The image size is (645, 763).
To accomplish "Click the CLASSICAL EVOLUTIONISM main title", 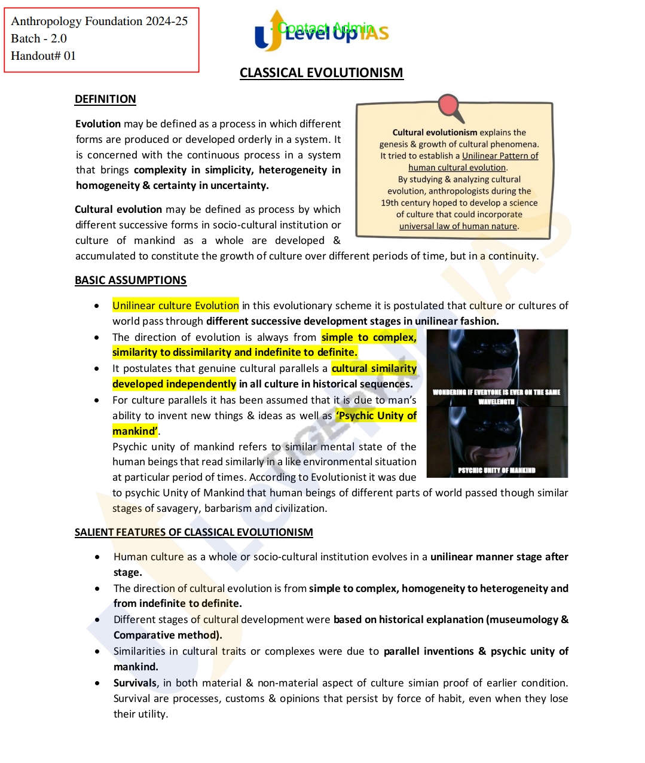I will pyautogui.click(x=321, y=73).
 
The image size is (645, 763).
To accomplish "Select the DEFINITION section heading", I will pyautogui.click(x=105, y=99).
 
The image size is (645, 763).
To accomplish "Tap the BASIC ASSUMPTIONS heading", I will pyautogui.click(x=130, y=280).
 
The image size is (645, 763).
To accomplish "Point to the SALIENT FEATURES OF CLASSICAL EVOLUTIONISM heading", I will pyautogui.click(x=194, y=532).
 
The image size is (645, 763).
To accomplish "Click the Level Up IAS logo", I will pyautogui.click(x=322, y=32).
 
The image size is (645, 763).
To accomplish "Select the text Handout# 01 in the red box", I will pyautogui.click(x=43, y=56).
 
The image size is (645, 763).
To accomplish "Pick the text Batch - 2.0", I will pyautogui.click(x=39, y=38).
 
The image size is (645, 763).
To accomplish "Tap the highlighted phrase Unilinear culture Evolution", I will pyautogui.click(x=176, y=306).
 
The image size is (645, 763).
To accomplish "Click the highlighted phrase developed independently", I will pyautogui.click(x=174, y=384).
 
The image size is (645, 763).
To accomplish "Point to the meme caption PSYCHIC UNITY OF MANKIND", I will pyautogui.click(x=497, y=470).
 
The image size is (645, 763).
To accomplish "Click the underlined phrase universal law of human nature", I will pyautogui.click(x=458, y=226).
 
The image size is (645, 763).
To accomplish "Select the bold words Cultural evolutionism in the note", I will pyautogui.click(x=435, y=132).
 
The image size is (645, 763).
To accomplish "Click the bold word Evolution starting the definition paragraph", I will pyautogui.click(x=98, y=124).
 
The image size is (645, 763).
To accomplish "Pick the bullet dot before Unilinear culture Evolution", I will pyautogui.click(x=97, y=306).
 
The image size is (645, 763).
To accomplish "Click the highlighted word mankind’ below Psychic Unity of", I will pyautogui.click(x=135, y=431).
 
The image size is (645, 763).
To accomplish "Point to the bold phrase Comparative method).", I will pyautogui.click(x=167, y=635).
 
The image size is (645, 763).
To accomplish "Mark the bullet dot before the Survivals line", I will pyautogui.click(x=97, y=683).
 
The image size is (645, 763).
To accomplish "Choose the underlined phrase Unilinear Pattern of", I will pyautogui.click(x=500, y=155).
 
